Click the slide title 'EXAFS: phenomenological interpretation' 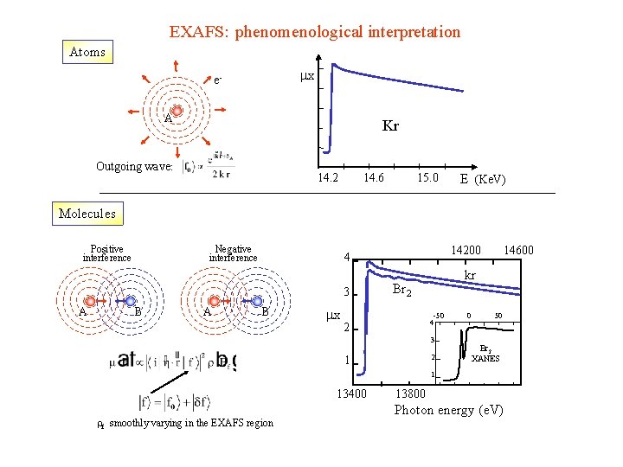click(x=314, y=32)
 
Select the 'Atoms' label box click(x=87, y=52)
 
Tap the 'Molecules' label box click(x=87, y=214)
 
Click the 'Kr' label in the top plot click(x=390, y=126)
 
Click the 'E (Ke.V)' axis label click(x=483, y=180)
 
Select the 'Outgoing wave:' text click(x=135, y=165)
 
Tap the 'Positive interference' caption click(x=107, y=253)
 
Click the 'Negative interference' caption click(x=233, y=253)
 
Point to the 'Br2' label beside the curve click(x=401, y=291)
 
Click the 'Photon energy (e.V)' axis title click(x=448, y=409)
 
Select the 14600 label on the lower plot click(x=518, y=251)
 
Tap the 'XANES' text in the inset click(x=485, y=358)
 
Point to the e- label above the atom click(x=219, y=80)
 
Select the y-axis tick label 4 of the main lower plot click(x=345, y=258)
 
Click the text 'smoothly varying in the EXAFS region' click(x=191, y=423)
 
